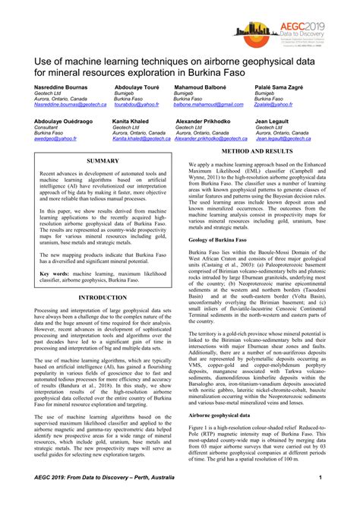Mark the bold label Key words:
[x=55, y=251]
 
